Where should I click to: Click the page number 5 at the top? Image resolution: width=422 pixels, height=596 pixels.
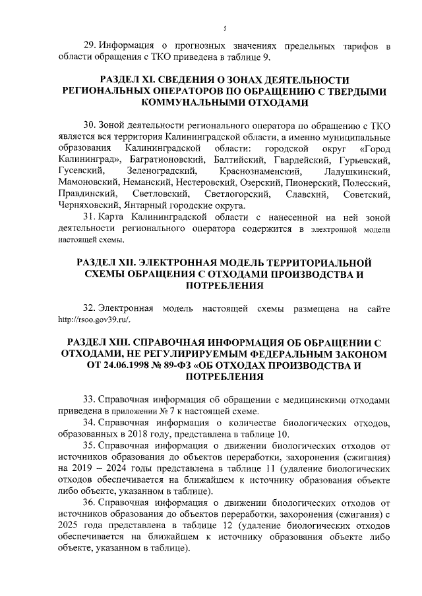[225, 28]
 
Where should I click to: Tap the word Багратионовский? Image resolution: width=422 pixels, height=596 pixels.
[165, 160]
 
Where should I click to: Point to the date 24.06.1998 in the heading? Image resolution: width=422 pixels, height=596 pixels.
[123, 366]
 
